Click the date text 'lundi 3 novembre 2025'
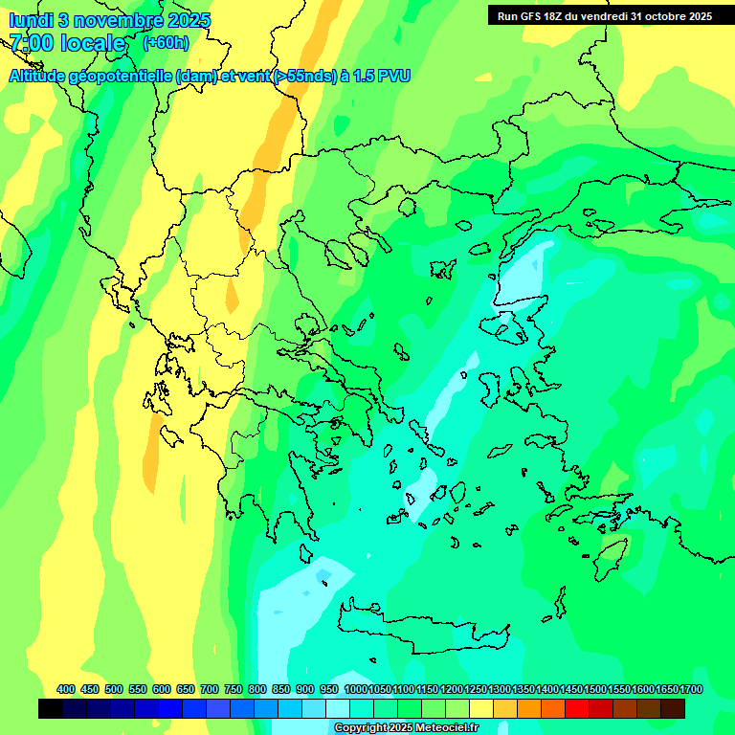point(110,20)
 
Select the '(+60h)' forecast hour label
point(166,43)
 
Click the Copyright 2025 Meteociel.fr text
point(406,727)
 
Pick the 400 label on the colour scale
point(66,689)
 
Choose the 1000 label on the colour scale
point(355,689)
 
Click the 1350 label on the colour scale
point(523,689)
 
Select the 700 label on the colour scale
point(210,689)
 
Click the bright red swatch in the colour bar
point(577,708)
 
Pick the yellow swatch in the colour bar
point(481,708)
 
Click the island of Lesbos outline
point(513,328)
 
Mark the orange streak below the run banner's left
point(278,134)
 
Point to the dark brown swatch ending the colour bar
point(673,708)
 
